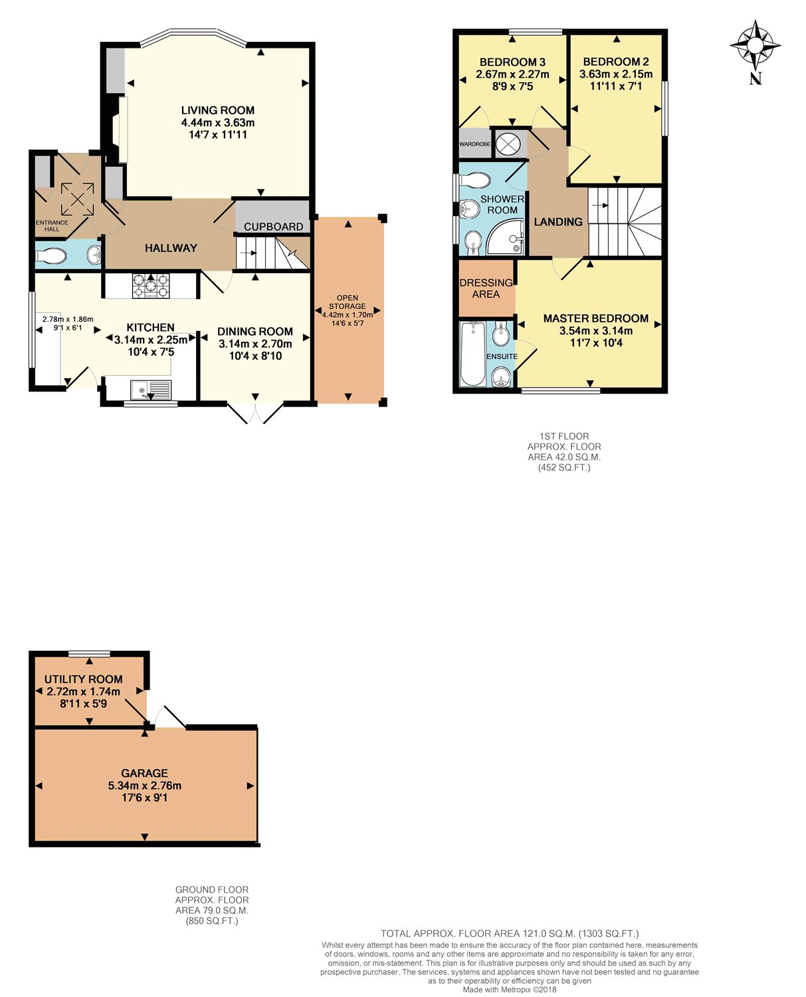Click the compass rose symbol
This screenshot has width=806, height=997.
(x=755, y=46)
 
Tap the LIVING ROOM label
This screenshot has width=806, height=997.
(x=217, y=110)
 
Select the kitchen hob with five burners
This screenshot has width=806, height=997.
(x=151, y=285)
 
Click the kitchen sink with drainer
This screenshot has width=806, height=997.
(x=151, y=389)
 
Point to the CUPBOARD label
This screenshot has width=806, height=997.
(x=273, y=227)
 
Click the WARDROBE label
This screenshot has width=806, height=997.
(x=475, y=144)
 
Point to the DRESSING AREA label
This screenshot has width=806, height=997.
(x=486, y=288)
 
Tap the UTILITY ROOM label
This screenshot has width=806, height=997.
(x=83, y=679)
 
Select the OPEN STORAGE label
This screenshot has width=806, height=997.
(x=347, y=302)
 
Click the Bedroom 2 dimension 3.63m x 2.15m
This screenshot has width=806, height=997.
(x=615, y=74)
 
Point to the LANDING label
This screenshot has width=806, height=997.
(x=558, y=222)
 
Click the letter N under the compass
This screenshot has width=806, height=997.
(x=756, y=78)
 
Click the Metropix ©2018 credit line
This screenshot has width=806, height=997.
(x=510, y=989)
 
